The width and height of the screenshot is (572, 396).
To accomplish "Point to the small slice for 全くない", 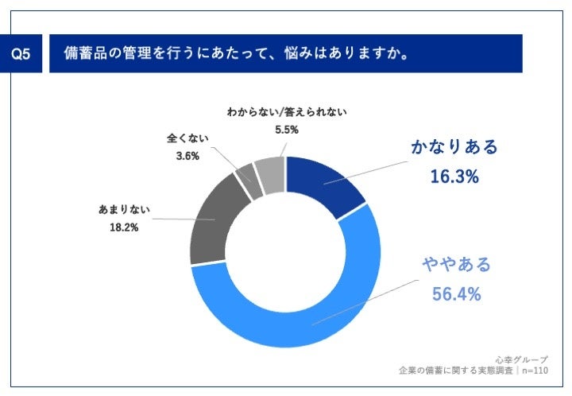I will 247,177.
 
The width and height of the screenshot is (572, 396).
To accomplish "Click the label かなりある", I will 454,147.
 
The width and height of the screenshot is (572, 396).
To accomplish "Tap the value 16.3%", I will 454,177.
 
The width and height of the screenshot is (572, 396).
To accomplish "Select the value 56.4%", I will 457,294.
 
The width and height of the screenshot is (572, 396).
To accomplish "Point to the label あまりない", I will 125,211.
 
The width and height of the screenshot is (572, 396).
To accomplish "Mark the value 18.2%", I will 125,227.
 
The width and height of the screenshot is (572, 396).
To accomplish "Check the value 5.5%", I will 288,130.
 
